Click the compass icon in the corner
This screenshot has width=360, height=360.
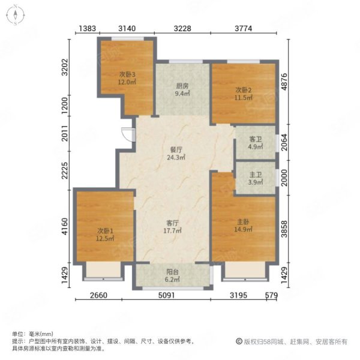(x=16, y=15)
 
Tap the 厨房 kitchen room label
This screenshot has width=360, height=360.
(x=182, y=86)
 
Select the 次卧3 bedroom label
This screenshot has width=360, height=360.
(x=127, y=74)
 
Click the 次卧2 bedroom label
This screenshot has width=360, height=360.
(x=244, y=90)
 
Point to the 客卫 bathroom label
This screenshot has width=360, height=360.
(x=256, y=139)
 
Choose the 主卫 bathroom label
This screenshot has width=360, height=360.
(x=256, y=175)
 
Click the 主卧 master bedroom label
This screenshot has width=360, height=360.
(x=243, y=222)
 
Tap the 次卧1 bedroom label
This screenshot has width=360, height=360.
(x=105, y=231)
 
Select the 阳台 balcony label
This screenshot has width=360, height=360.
(x=172, y=272)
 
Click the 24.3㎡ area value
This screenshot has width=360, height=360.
(x=176, y=157)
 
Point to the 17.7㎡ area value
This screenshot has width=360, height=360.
(x=172, y=230)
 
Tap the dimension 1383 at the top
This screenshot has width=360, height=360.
(x=87, y=28)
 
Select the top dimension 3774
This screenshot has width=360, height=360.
(x=244, y=28)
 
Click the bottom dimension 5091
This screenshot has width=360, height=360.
(x=167, y=295)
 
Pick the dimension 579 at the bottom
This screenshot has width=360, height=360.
(x=271, y=295)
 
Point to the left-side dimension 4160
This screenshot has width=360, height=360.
(x=65, y=226)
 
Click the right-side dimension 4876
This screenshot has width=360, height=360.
(x=284, y=82)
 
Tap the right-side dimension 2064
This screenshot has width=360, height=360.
(x=284, y=142)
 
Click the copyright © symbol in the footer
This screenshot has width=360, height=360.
(x=239, y=341)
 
